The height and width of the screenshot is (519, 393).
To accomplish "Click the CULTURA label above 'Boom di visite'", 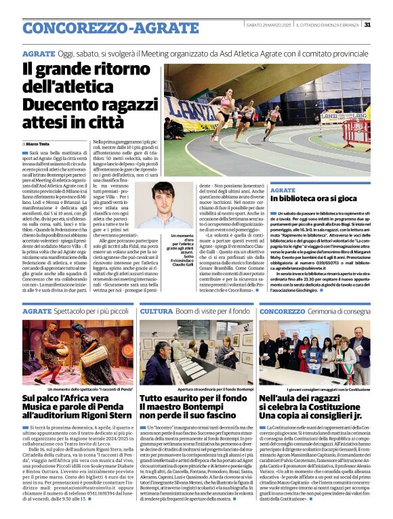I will tap(155, 311).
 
